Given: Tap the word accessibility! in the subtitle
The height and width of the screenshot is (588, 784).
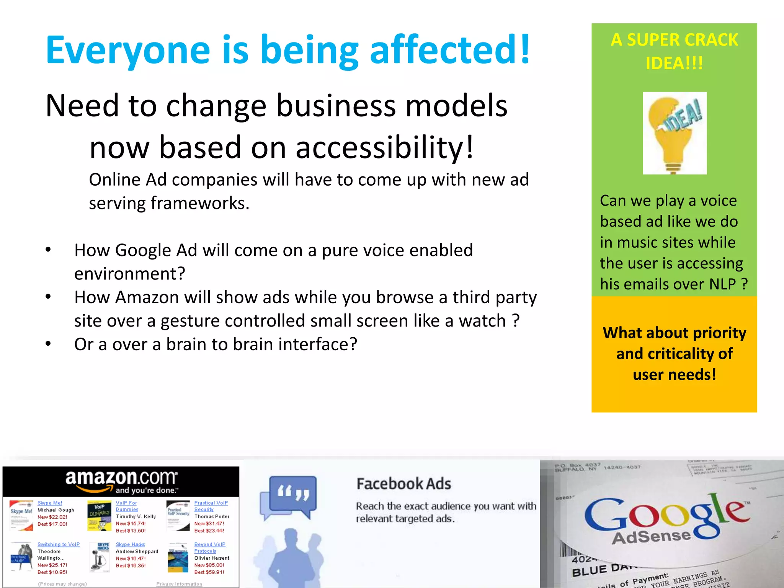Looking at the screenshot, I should tap(384, 147).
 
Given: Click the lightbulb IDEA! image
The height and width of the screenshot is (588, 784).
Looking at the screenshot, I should tap(675, 133).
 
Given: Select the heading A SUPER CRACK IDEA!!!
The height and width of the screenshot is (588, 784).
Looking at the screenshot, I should tap(674, 51).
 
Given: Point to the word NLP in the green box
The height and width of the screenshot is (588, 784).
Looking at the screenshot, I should tap(722, 284).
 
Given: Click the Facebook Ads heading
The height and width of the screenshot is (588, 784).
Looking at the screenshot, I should tap(403, 484).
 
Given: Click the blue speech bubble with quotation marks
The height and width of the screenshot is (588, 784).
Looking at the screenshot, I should tap(293, 493).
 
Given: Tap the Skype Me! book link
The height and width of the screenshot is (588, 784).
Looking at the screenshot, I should tap(50, 503).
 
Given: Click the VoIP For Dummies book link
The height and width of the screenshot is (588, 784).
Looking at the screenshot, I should tap(126, 506).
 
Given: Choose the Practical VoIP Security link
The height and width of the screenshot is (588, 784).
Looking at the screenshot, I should tap(211, 506).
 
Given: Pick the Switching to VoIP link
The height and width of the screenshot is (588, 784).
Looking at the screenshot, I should tap(58, 544).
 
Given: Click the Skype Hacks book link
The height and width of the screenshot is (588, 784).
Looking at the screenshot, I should tap(130, 544).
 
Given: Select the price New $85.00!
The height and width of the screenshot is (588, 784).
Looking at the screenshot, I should tap(209, 565).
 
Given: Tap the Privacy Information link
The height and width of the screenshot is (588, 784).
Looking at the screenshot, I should tap(179, 584).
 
